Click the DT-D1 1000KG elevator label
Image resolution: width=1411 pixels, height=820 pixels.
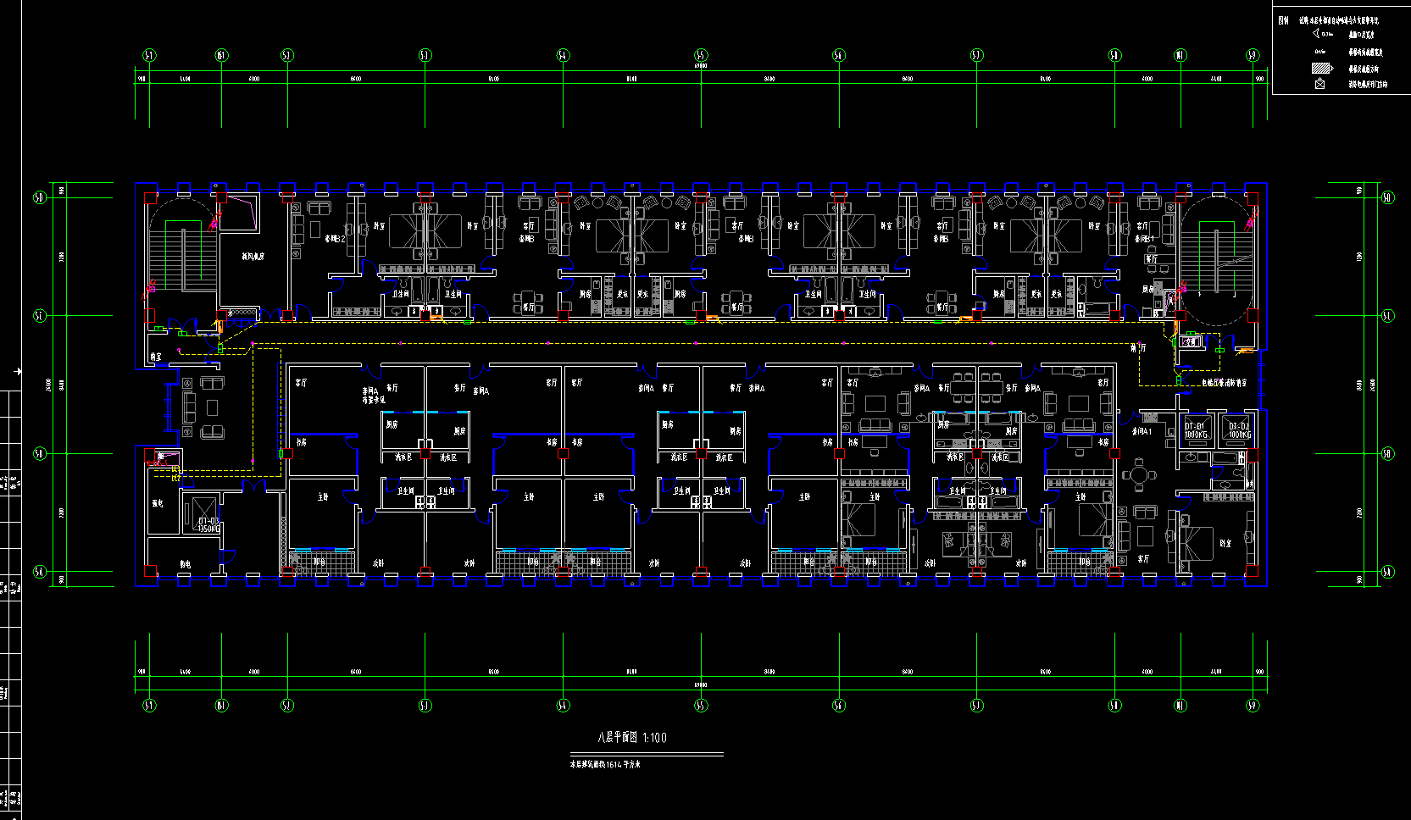click(1195, 430)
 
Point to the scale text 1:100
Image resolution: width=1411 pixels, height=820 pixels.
click(655, 738)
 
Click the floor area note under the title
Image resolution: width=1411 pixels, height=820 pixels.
click(604, 764)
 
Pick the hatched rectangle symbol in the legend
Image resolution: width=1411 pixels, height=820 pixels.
click(1322, 69)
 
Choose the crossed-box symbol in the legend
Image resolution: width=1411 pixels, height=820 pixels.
click(1319, 84)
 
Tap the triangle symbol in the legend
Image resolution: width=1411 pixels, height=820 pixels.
click(1317, 34)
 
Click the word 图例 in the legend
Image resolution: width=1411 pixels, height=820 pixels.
click(1283, 20)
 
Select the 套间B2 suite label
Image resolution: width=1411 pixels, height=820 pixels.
click(335, 240)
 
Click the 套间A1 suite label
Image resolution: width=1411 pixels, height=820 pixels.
click(1142, 431)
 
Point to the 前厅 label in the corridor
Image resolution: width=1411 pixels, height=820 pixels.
click(1138, 347)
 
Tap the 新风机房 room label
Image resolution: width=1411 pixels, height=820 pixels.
click(253, 256)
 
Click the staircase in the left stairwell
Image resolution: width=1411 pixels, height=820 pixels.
click(182, 254)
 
